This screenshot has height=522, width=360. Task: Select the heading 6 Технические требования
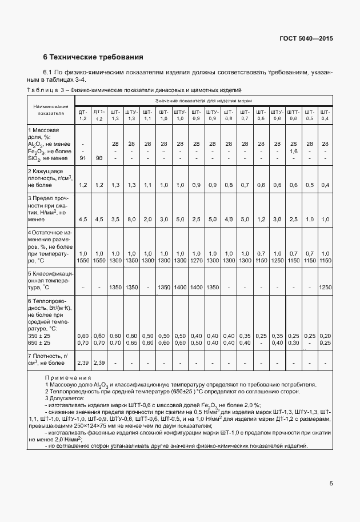coord(93,57)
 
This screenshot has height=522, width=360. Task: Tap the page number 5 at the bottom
coord(331,484)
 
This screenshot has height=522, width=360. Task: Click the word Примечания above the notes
coord(68,377)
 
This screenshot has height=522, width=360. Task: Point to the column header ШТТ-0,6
coord(293,114)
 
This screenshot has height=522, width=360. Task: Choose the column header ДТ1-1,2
coord(99,114)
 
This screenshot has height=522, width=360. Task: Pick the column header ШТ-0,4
coord(325,114)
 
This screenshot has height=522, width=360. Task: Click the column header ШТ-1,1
coord(147,114)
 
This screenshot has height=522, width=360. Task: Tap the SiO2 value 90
coord(99,158)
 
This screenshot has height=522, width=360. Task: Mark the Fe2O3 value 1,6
coord(293,151)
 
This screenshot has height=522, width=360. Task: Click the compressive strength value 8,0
coord(131,219)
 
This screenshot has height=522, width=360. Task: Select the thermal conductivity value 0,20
coord(325,335)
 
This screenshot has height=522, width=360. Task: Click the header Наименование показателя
coord(51,110)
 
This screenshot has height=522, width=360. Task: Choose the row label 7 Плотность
coord(49,359)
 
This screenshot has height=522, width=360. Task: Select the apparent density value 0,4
coord(325,185)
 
